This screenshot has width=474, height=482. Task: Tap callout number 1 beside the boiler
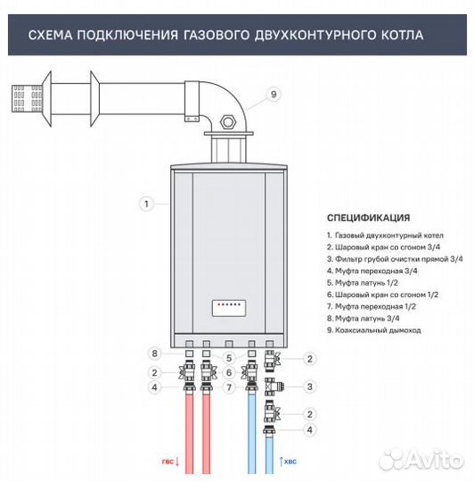[144, 204]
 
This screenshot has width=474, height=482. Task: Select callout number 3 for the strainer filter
[310, 386]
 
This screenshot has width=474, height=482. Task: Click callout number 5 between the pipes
[228, 359]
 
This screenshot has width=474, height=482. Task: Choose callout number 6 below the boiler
[228, 372]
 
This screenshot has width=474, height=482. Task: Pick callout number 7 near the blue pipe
[228, 386]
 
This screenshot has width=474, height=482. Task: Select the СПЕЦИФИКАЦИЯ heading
[368, 217]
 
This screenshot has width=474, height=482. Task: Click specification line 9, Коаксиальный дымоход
[374, 330]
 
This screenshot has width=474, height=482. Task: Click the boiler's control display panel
[229, 307]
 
